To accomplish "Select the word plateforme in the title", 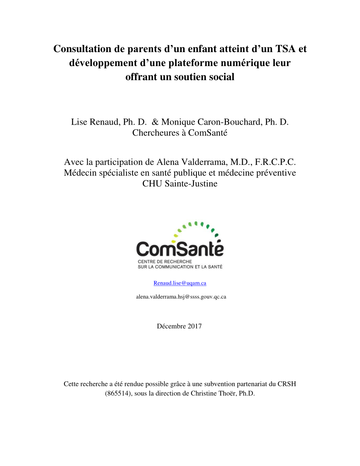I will click(x=196, y=63).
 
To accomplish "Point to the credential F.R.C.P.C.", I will click(x=276, y=162).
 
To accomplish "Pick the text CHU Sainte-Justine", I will click(x=180, y=184).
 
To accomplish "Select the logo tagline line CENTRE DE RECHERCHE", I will click(x=158, y=262).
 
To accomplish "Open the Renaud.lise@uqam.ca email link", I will click(x=180, y=283).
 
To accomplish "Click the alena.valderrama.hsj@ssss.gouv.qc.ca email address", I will click(x=181, y=297).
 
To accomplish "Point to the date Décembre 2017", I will click(x=179, y=326).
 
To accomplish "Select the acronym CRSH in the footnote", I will click(x=287, y=384).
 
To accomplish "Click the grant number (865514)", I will click(x=118, y=394).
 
